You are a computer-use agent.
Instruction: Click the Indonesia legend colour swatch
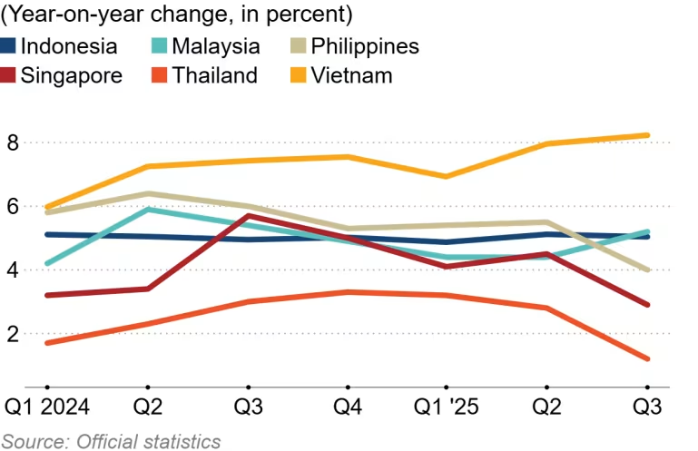(8, 46)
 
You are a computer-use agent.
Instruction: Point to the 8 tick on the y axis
(12, 142)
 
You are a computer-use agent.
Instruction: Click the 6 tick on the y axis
(12, 207)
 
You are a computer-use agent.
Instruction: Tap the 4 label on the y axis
(12, 270)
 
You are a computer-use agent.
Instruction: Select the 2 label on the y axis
(12, 334)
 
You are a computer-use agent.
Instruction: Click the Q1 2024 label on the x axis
(47, 407)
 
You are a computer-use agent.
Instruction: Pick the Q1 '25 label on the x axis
(447, 407)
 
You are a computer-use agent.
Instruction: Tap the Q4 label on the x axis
(347, 407)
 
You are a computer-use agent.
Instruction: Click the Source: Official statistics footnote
(112, 441)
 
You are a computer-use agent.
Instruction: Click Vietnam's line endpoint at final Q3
(646, 135)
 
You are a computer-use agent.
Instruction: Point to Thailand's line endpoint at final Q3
(646, 358)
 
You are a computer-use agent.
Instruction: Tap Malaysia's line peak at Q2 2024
(147, 210)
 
